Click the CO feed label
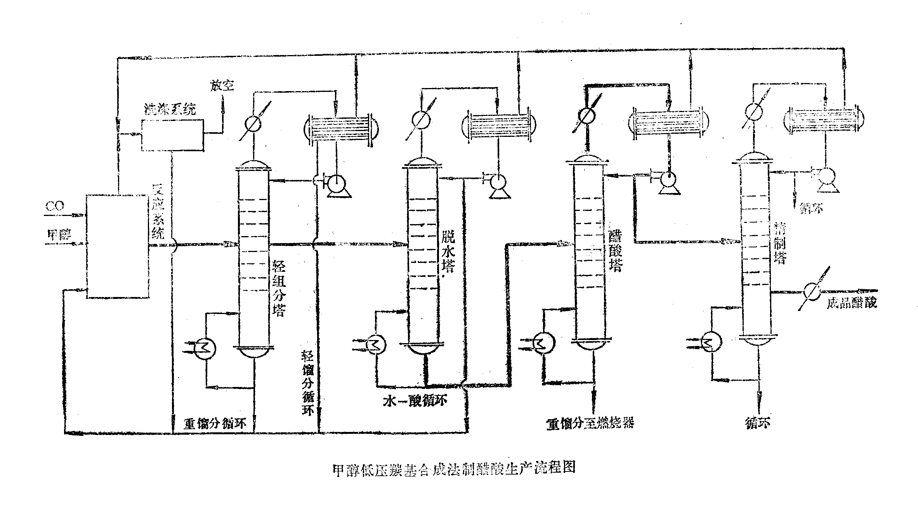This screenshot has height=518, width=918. coord(55,206)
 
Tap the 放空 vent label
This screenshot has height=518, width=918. coord(222,85)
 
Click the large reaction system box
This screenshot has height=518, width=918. coord(117,246)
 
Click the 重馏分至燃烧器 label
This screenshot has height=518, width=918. coord(590,423)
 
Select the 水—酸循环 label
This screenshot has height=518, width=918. coord(415,401)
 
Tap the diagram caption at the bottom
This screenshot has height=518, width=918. coord(454,468)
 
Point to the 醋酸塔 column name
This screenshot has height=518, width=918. coord(616,249)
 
